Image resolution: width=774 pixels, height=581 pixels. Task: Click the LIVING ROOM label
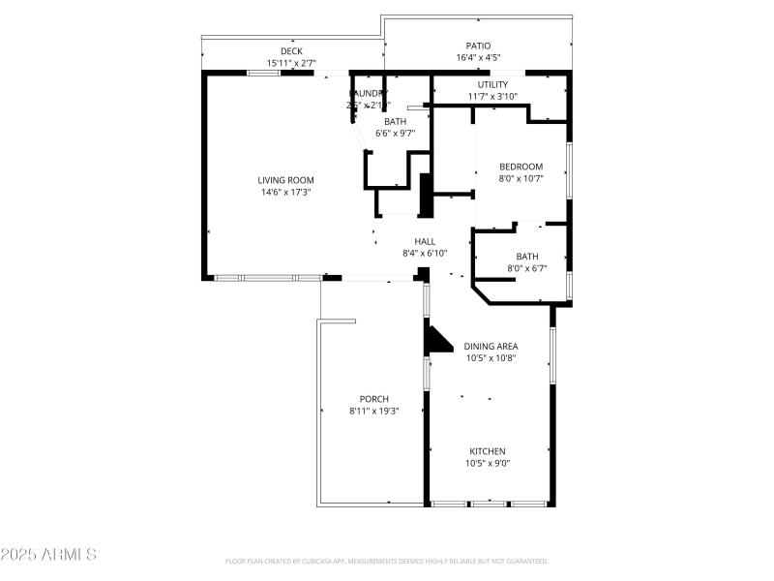285,180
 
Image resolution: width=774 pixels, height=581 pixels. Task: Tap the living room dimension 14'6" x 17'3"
285,192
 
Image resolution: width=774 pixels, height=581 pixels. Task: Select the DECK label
291,51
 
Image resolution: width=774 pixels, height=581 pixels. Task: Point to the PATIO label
478,46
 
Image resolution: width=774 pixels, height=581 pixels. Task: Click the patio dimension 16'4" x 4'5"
478,58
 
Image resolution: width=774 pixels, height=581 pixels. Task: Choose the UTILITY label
492,84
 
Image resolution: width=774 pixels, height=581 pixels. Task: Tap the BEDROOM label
521,167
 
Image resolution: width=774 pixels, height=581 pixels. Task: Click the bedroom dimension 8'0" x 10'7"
521,178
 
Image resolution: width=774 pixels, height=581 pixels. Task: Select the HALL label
425,241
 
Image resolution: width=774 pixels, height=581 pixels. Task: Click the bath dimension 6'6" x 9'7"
395,134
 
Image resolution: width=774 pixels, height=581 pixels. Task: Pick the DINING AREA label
491,346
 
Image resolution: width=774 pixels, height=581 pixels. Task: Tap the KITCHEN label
488,451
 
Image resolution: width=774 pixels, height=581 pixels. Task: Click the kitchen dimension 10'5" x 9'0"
488,463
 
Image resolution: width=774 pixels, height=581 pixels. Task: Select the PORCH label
373,399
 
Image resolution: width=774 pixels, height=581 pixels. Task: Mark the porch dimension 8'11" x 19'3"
373,411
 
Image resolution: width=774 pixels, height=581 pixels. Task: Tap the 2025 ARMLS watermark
48,555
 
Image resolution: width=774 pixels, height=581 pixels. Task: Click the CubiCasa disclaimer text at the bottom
387,561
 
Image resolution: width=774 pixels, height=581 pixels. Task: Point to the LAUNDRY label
369,94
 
